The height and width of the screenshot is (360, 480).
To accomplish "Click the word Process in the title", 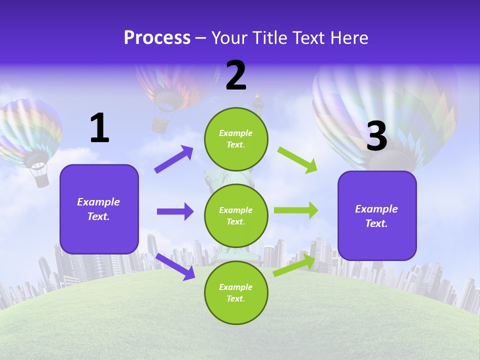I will coord(157,38).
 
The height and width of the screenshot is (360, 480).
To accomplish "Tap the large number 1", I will coord(99,128).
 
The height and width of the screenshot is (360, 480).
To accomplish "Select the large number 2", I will coord(236,75).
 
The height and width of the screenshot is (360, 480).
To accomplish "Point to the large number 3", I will coord(376,136).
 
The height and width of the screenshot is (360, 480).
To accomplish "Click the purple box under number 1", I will coord(99,209).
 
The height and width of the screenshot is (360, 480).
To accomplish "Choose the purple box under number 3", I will coord(377,215).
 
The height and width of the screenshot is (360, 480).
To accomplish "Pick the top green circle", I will coord(236,139).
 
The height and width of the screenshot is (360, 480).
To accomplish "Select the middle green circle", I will coord(236,215).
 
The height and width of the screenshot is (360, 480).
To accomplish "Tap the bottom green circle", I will coord(236,292).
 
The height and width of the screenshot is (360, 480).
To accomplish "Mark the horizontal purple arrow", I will coord(175,211).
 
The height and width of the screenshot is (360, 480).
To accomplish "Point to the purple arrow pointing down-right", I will coord(175,266).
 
